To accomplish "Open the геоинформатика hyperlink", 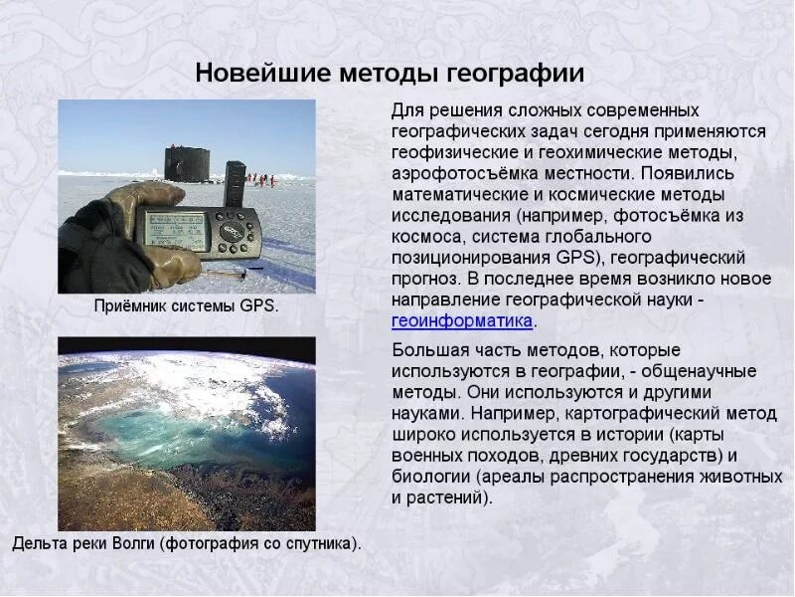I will tap(462, 321).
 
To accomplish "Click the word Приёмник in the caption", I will tap(129, 306).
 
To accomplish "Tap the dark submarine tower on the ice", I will tap(186, 164).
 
